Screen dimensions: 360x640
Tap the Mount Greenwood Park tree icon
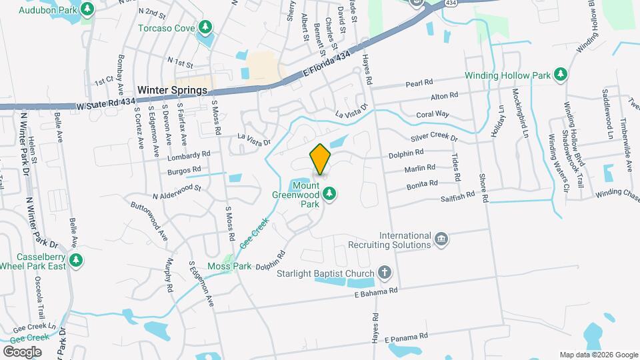[329, 194]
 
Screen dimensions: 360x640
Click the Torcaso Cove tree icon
[207, 27]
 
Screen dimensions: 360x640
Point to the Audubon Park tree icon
[87, 9]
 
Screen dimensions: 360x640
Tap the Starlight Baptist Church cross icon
[384, 272]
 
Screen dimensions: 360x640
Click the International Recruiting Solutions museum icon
[441, 239]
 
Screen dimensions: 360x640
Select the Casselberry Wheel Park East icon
[77, 260]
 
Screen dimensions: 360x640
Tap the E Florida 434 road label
[327, 66]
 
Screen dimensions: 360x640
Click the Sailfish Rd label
[457, 196]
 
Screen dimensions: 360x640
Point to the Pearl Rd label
[419, 85]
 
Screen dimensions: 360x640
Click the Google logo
[23, 351]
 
